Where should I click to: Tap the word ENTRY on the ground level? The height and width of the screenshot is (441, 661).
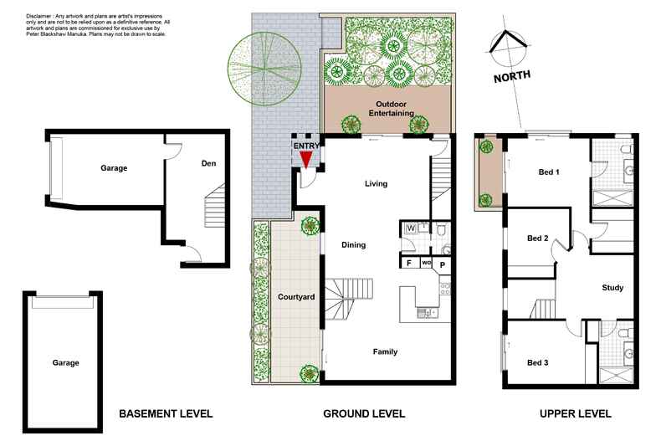pyautogui.click(x=305, y=146)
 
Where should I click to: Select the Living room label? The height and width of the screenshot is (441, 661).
pyautogui.click(x=376, y=183)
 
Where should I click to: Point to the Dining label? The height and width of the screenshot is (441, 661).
pyautogui.click(x=354, y=244)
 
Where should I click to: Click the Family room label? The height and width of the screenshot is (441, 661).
pyautogui.click(x=385, y=351)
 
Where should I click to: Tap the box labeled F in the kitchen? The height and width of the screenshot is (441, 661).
pyautogui.click(x=409, y=263)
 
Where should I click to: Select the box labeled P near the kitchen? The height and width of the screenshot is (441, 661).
pyautogui.click(x=443, y=264)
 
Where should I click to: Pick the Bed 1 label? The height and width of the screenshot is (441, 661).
pyautogui.click(x=549, y=172)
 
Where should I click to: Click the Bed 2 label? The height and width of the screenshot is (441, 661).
pyautogui.click(x=538, y=238)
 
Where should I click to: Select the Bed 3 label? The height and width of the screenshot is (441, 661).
pyautogui.click(x=538, y=362)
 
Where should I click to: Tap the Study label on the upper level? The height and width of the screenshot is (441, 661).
pyautogui.click(x=612, y=288)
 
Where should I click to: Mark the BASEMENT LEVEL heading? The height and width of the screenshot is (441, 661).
pyautogui.click(x=166, y=413)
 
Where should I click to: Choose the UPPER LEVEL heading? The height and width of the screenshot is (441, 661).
pyautogui.click(x=575, y=413)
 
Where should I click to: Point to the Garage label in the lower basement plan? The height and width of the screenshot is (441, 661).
pyautogui.click(x=65, y=362)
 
